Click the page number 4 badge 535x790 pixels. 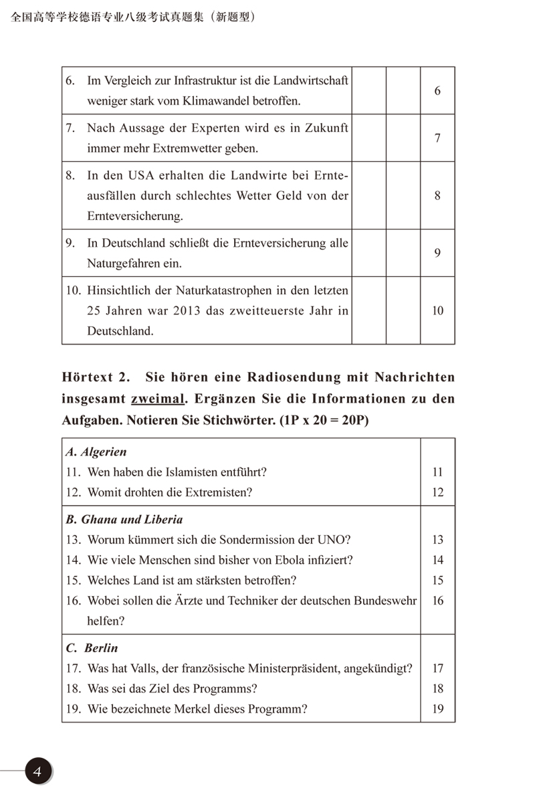(38, 771)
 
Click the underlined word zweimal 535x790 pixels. (157, 399)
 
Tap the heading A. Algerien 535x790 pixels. (96, 452)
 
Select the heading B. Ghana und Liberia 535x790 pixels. (124, 519)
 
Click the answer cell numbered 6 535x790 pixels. (437, 90)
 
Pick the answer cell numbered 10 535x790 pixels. (437, 310)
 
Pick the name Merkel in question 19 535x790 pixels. (209, 709)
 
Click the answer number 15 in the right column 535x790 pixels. (437, 580)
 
